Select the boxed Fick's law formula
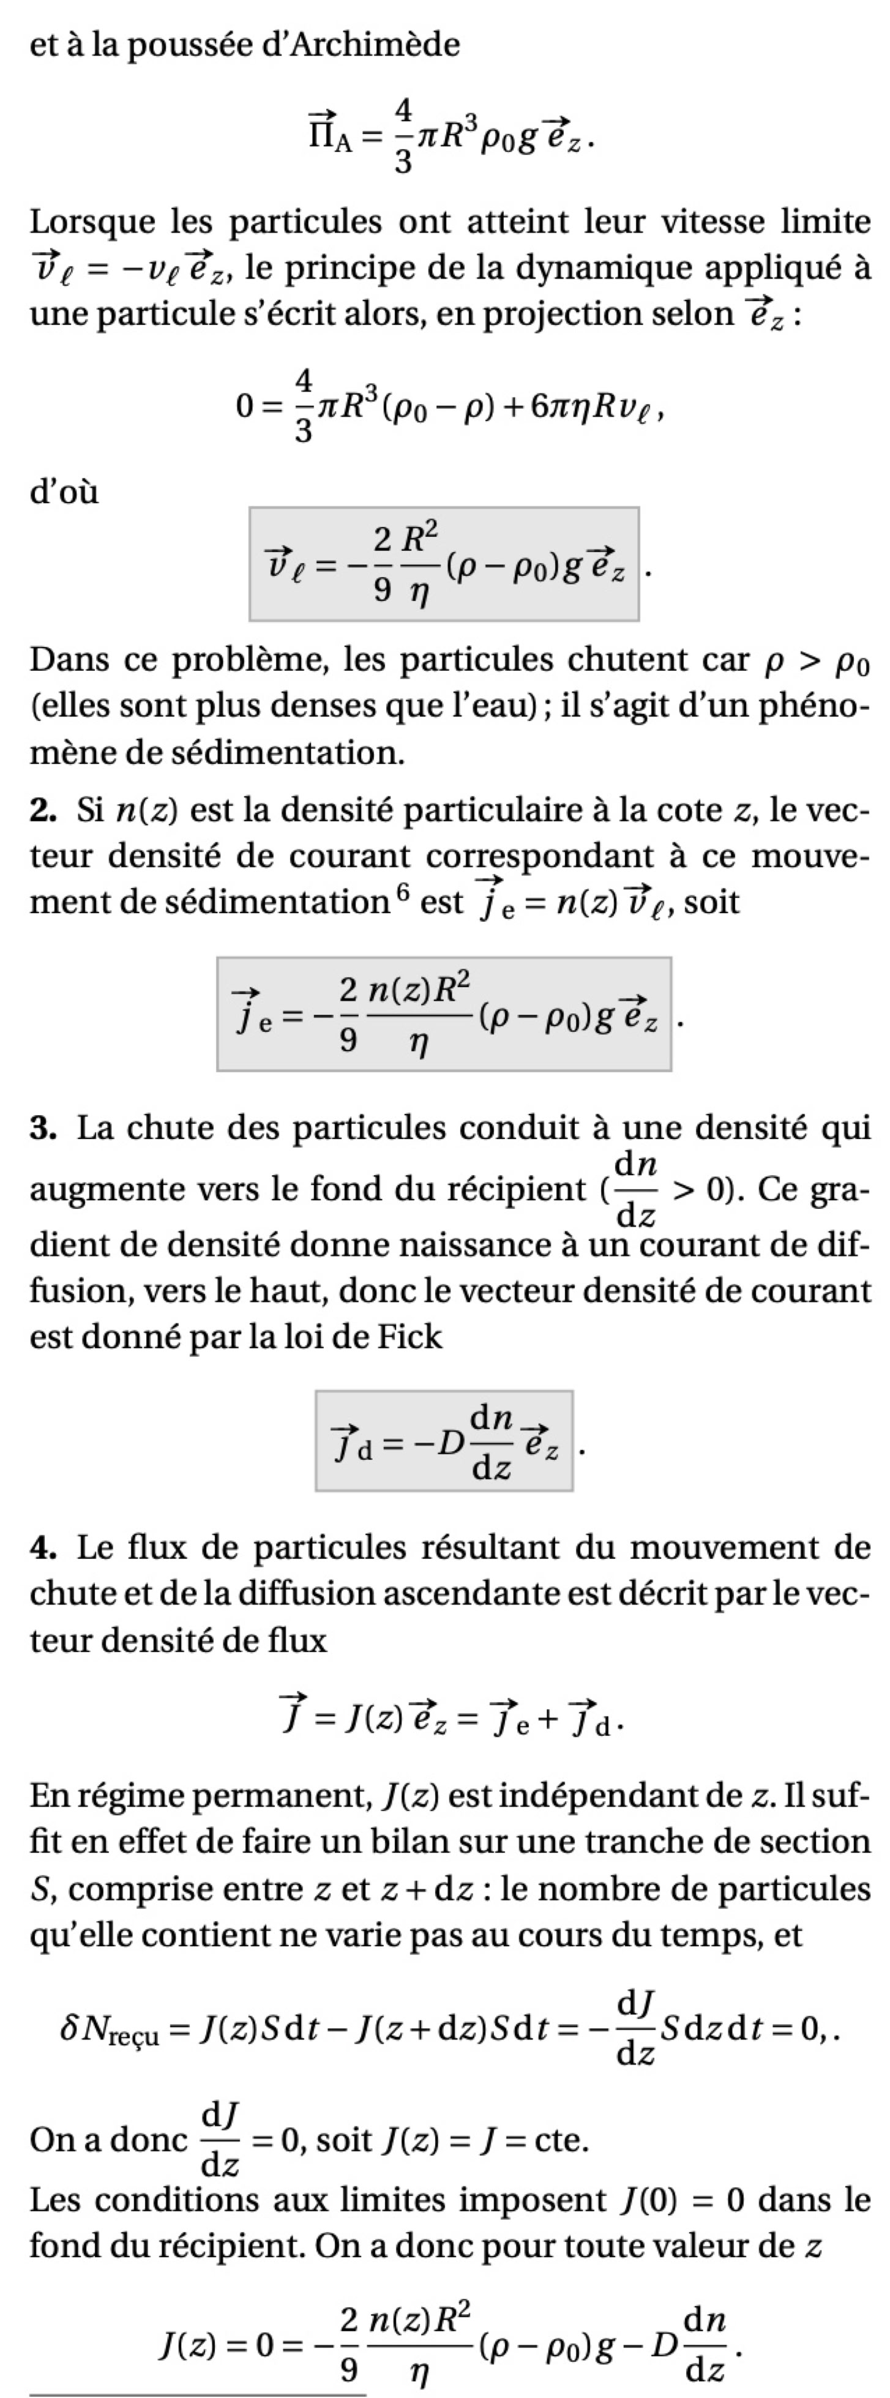(x=443, y=1441)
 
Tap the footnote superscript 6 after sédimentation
(x=402, y=891)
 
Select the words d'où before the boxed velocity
(x=63, y=491)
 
